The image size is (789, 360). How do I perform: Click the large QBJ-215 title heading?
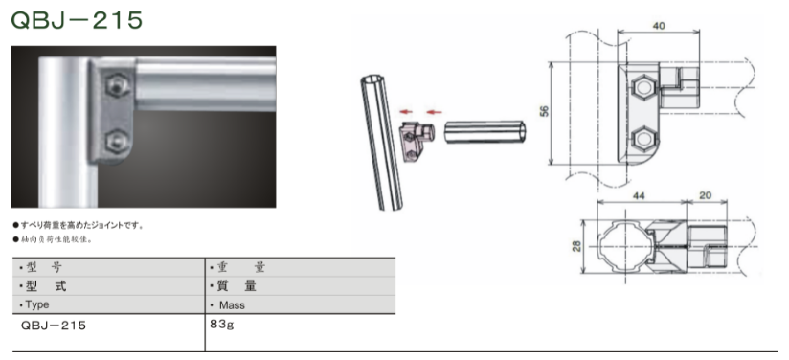tap(77, 21)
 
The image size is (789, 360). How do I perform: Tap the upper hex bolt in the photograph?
tap(118, 85)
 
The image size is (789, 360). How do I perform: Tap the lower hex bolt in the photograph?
tap(118, 141)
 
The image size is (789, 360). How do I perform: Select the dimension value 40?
tap(658, 26)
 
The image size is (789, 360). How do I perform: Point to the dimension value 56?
tap(544, 111)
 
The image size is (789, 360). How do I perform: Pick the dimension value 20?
tap(706, 195)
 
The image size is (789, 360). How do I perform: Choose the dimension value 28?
tap(576, 246)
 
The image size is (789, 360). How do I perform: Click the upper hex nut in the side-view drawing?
tap(643, 88)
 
